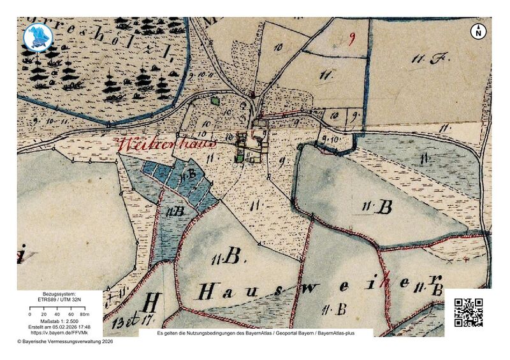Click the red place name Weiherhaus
point(167,142)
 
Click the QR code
point(468,312)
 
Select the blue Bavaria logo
point(38,37)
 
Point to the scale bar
point(57,310)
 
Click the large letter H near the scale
point(152,301)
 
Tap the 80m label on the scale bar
point(85,315)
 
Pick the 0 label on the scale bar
point(30,315)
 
